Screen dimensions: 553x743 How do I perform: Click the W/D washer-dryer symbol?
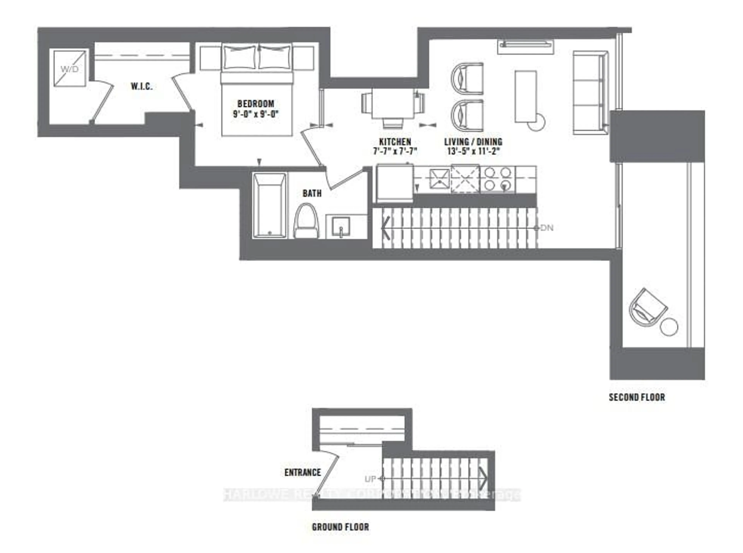(x=70, y=69)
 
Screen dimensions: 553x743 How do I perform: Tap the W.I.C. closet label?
(x=141, y=86)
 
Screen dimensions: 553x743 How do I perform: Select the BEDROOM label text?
(x=256, y=104)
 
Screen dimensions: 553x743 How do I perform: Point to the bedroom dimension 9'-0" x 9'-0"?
(x=256, y=114)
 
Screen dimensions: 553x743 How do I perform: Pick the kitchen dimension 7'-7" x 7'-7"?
(x=395, y=151)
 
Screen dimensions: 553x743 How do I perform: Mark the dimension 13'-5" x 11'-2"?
(x=473, y=151)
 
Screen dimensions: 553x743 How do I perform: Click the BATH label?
(x=312, y=193)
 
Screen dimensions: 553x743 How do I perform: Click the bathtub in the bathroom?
(x=269, y=205)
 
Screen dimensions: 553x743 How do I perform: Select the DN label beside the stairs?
(x=547, y=228)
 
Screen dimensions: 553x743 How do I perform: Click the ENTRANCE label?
(x=302, y=472)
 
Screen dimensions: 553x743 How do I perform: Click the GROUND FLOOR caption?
(x=340, y=527)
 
